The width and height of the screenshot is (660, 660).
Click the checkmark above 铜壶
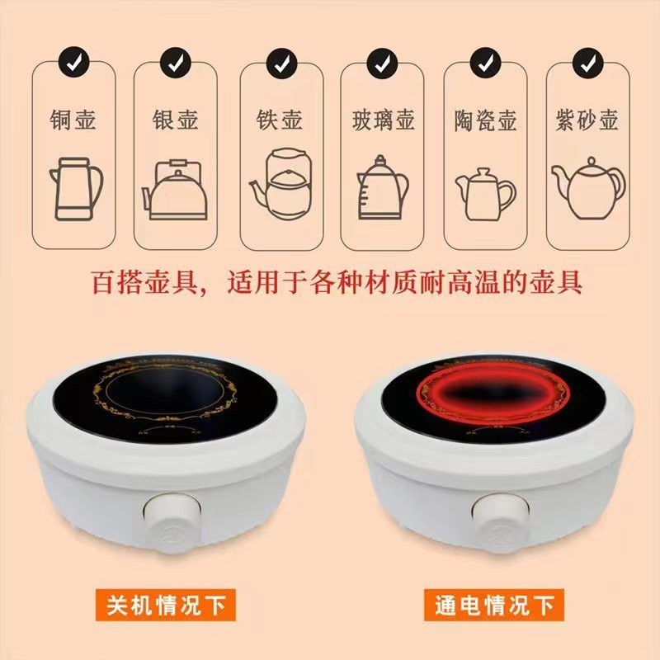point(73,61)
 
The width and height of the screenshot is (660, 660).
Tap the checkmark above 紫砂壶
point(587,61)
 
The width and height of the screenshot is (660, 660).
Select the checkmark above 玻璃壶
point(381,61)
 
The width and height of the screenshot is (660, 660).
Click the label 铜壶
point(73,120)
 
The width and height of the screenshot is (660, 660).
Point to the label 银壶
point(176,120)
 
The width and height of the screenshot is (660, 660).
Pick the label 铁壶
point(279,120)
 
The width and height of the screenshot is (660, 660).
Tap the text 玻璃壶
point(381,120)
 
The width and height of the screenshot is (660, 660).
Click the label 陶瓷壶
point(485,120)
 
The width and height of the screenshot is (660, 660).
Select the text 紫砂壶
point(587,120)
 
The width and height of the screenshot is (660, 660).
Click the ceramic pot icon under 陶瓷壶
point(485,192)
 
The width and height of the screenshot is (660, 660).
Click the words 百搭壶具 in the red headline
point(139,284)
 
